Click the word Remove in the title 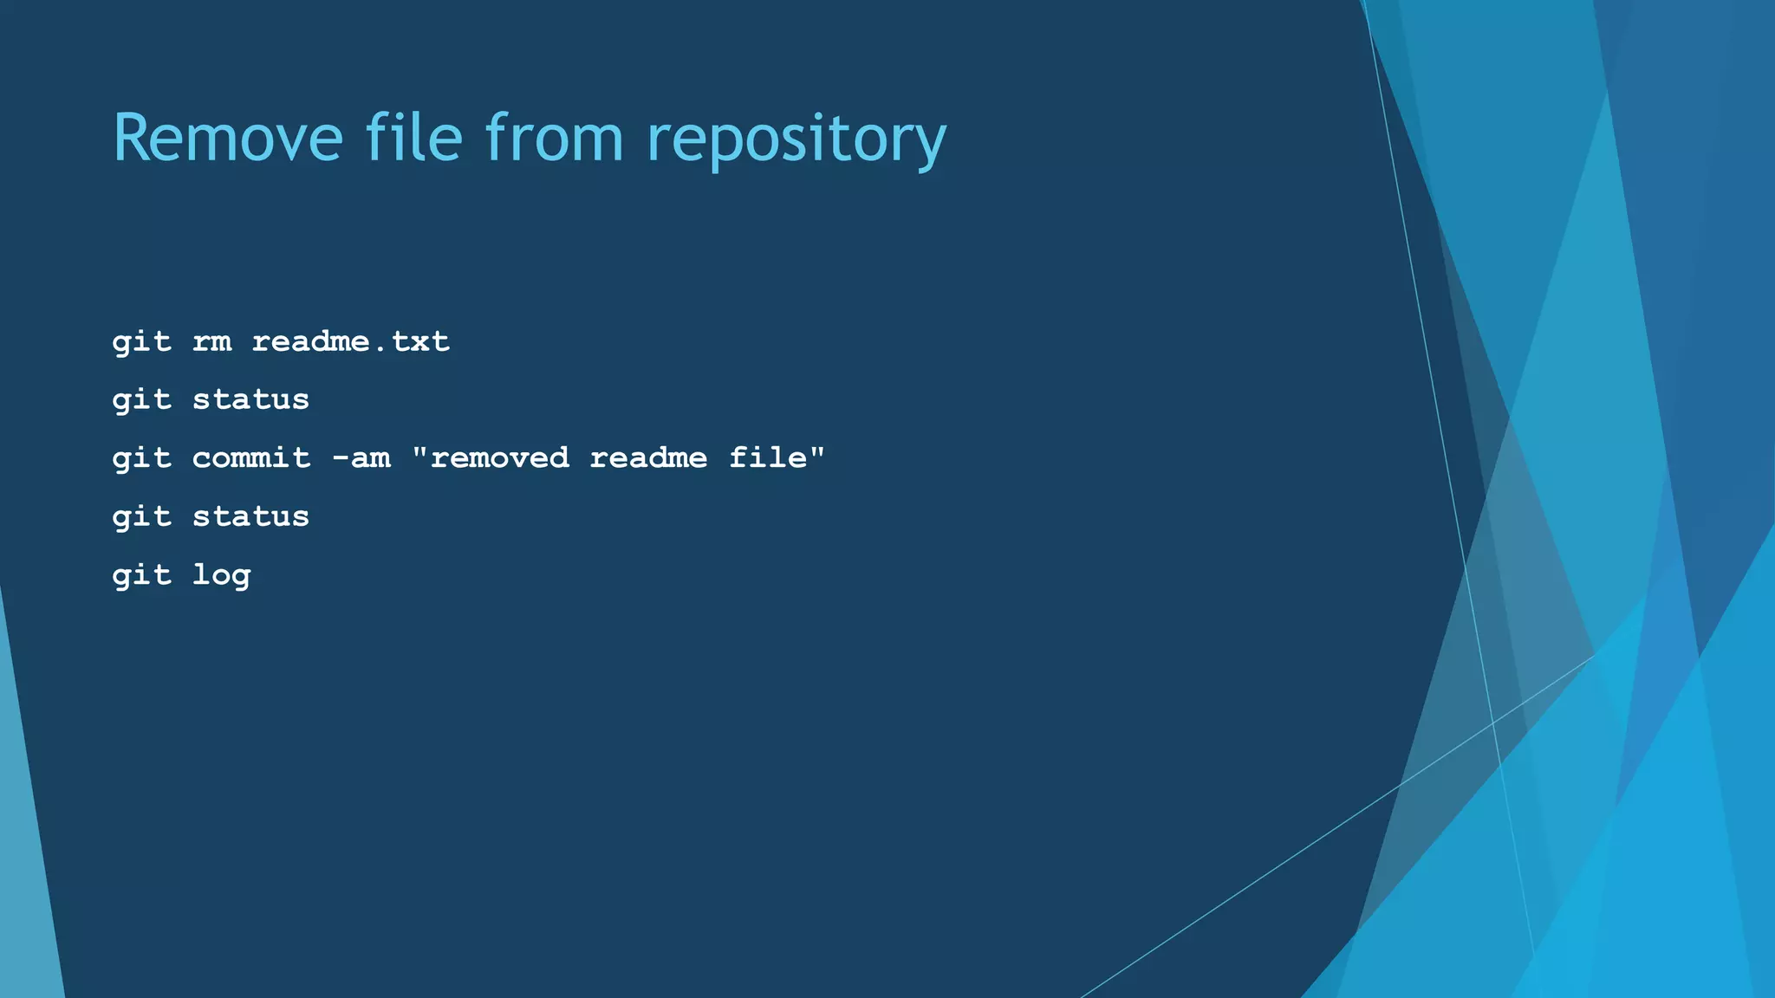coord(228,138)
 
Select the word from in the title coord(554,138)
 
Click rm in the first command coord(211,341)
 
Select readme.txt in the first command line coord(350,341)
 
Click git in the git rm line coord(141,343)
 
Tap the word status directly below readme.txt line coord(250,399)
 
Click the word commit coord(250,457)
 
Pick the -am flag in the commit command coord(361,457)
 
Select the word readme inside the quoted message coord(648,457)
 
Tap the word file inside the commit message coord(768,457)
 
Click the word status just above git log coord(250,516)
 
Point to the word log coord(221,576)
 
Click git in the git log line coord(141,576)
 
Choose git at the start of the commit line coord(141,459)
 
